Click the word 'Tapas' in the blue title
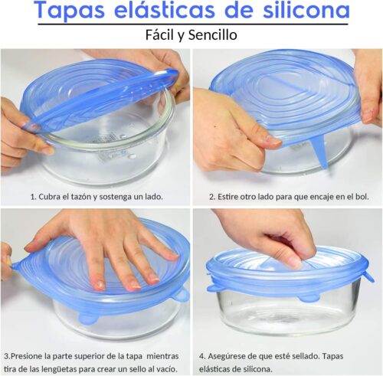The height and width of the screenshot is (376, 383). click(70, 11)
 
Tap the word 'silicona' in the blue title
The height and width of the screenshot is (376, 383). click(306, 10)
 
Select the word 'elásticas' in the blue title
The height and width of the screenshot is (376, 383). click(165, 10)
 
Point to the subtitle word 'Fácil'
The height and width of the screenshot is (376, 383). click(160, 34)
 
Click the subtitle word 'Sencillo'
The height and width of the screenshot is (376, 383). click(213, 34)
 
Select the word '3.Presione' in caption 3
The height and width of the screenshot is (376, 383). click(23, 356)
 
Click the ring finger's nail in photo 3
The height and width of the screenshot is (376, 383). click(135, 286)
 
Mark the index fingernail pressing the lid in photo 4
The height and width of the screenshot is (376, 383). click(294, 262)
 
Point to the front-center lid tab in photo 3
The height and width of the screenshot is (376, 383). click(88, 318)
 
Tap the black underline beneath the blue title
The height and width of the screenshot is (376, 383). click(193, 25)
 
